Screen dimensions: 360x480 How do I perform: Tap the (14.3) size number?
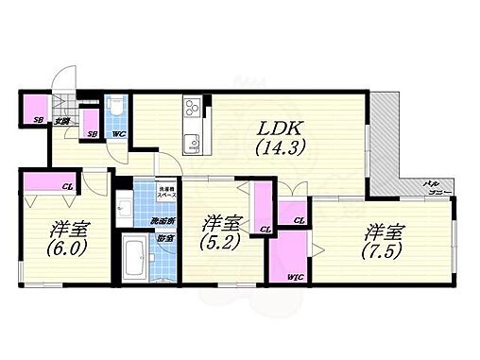pos(268,148)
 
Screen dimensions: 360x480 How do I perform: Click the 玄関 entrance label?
pos(60,120)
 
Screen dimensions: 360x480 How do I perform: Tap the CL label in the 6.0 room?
pos(68,187)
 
